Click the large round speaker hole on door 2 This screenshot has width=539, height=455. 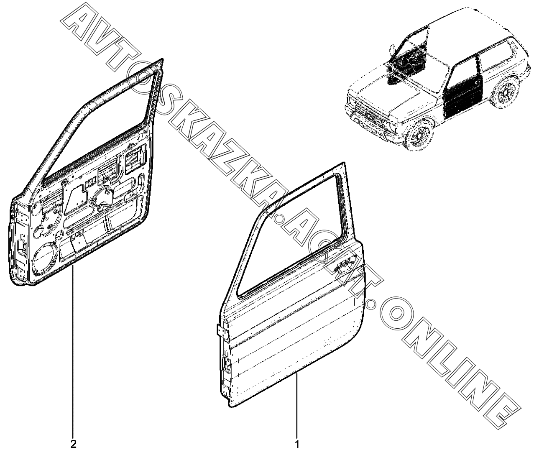click(x=43, y=259)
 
